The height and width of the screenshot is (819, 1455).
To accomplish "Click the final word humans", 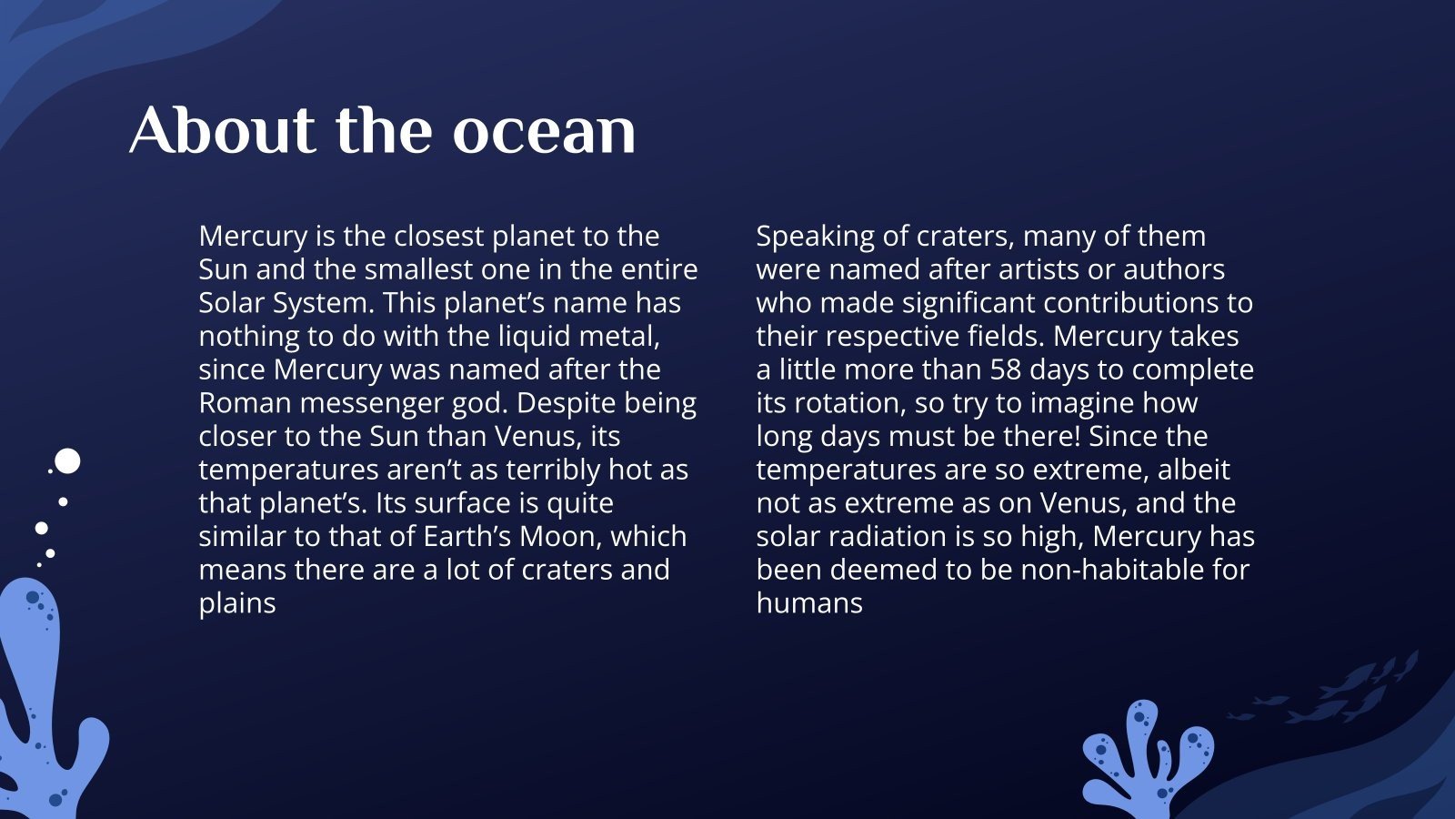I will click(809, 603).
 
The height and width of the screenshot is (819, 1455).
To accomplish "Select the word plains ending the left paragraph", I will click(237, 603).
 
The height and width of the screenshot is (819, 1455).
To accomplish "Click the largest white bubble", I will click(67, 461).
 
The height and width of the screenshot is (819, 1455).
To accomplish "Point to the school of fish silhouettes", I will click(1337, 692).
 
